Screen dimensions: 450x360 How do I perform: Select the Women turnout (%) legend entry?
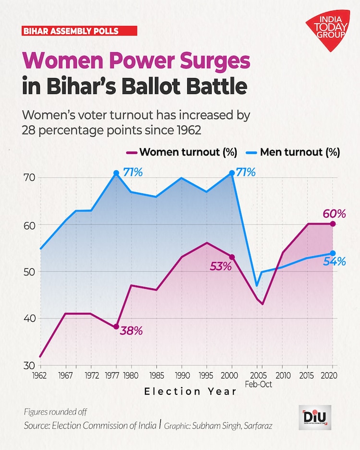tap(183, 153)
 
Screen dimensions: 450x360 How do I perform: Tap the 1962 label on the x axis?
tap(40, 375)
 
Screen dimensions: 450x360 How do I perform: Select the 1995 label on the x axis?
tap(207, 375)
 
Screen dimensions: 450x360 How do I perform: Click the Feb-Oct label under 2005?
tap(258, 384)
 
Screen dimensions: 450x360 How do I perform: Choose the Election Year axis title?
tap(191, 392)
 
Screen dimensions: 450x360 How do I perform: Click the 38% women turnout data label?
tap(132, 331)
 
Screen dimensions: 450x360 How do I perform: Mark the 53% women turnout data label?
tap(221, 267)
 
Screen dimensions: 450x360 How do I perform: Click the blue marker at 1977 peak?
tap(116, 173)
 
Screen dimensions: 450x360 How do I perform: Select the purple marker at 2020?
tap(333, 224)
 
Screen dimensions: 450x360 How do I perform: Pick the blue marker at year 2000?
tap(232, 173)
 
